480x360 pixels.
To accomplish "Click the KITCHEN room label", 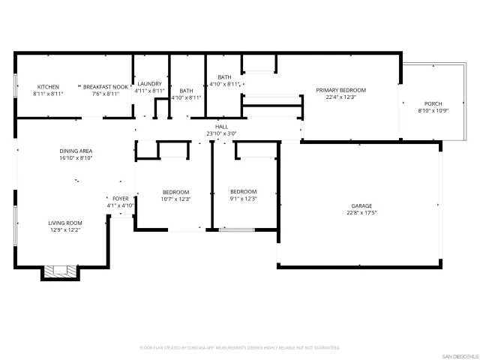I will pos(48,87).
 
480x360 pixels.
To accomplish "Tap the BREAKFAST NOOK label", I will pos(106,87).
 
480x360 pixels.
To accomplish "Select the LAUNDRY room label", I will pos(149,83).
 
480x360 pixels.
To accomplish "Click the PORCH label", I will pos(433,103).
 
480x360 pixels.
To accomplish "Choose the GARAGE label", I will pos(361,205).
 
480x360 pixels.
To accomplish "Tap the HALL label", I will pos(221,127).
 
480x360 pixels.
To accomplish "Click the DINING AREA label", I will pos(76,151).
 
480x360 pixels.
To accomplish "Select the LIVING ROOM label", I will pos(65,223).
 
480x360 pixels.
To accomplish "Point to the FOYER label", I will pos(120,198).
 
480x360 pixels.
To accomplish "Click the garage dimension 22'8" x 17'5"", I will pos(361,213).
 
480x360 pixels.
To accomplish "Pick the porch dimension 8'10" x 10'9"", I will pos(433,111).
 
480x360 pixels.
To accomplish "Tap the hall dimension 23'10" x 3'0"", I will pos(221,133).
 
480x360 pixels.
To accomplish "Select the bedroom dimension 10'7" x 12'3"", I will pos(175,199).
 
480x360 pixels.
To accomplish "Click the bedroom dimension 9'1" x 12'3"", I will pos(243,199).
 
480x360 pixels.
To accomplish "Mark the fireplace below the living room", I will pos(58,271).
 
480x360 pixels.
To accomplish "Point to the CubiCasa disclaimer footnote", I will pos(240,348).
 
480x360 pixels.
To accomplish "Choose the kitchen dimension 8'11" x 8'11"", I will pos(48,94).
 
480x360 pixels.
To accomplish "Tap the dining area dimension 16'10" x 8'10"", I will pos(76,158).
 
